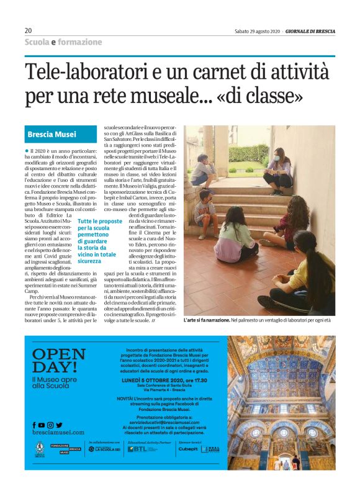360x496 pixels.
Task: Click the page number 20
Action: [x=29, y=30]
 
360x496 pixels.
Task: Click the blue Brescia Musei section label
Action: [x=52, y=133]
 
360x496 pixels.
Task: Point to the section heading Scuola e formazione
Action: [x=63, y=42]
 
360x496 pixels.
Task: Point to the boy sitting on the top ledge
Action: [x=202, y=171]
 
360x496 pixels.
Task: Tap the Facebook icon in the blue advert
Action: [x=34, y=425]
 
